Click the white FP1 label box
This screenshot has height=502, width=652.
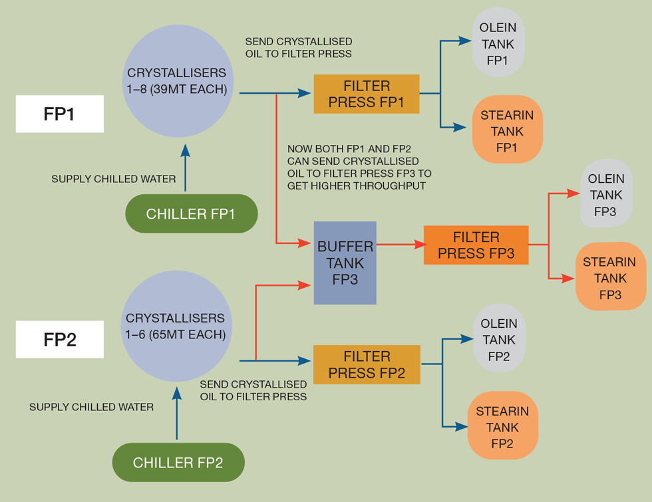point(59,114)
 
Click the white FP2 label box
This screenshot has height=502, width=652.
point(59,339)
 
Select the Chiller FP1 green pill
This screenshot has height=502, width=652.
point(191,213)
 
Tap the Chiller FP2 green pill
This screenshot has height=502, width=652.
point(178,462)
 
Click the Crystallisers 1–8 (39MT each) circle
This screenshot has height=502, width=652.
point(177,81)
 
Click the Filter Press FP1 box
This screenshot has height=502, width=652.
point(367,94)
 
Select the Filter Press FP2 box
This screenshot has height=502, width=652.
point(367,364)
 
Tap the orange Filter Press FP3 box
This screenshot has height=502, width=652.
point(476,245)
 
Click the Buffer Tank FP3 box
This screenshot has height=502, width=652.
point(345,263)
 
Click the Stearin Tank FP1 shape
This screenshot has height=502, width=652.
point(507,130)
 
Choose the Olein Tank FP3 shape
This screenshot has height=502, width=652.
point(606,194)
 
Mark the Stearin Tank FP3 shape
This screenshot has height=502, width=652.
point(610,277)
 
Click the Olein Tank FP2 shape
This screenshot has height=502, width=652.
point(499,338)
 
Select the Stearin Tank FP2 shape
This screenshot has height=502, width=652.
point(502,426)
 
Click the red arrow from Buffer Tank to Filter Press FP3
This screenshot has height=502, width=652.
point(399,245)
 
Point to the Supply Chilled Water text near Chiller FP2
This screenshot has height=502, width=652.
point(91,406)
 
